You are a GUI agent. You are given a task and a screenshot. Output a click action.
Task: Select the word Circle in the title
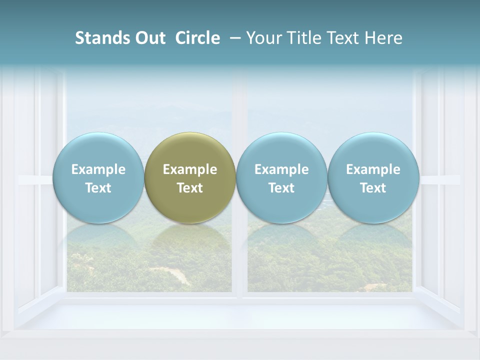[197, 38]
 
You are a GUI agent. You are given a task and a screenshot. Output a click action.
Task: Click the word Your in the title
[263, 38]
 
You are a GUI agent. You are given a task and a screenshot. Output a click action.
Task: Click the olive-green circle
[190, 177]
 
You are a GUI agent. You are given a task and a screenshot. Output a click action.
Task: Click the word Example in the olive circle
[190, 169]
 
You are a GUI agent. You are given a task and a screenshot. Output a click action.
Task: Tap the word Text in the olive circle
[190, 188]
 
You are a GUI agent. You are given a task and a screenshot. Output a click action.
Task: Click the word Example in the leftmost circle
[98, 169]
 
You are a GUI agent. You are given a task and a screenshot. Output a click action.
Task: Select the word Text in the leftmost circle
[98, 188]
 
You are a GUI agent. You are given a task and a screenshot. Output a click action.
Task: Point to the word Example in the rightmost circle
[373, 169]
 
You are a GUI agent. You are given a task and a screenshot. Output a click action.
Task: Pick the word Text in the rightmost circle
[373, 188]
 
